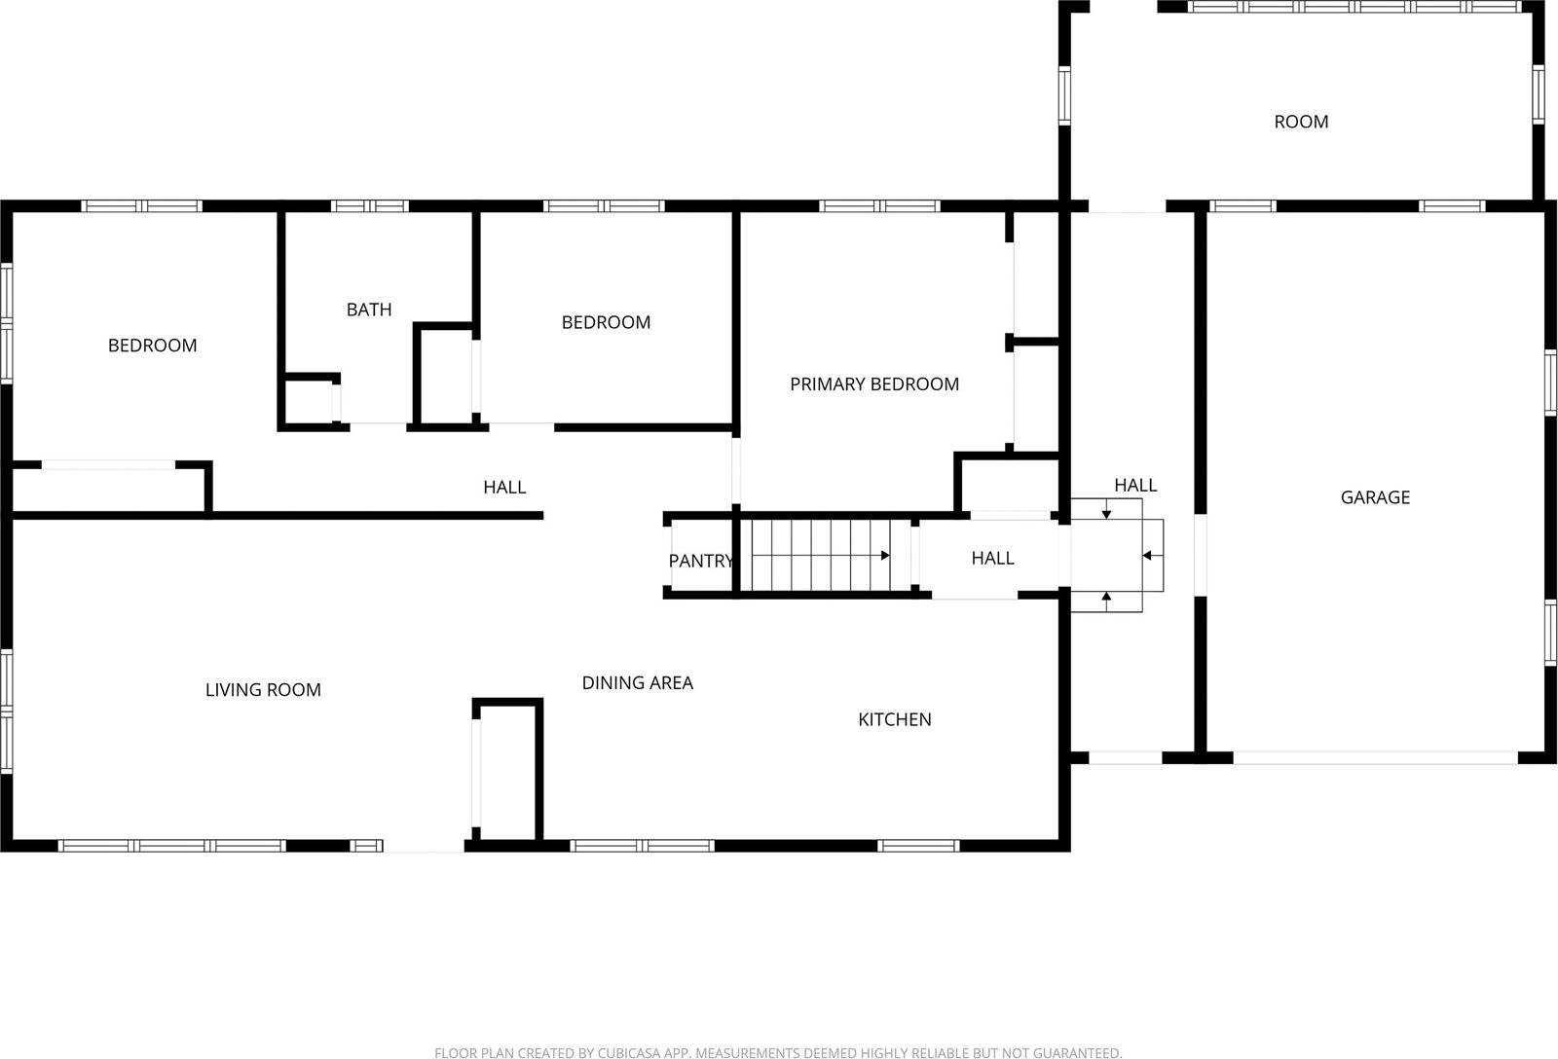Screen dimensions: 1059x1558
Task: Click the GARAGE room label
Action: point(1375,497)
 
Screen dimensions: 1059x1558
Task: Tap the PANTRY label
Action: point(699,561)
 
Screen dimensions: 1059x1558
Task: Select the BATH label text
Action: point(369,310)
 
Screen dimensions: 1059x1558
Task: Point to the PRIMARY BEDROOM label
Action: point(873,384)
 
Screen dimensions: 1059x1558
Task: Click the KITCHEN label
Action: point(894,719)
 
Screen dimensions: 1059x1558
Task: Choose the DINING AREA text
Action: point(637,683)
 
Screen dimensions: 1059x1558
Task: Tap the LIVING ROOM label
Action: point(263,690)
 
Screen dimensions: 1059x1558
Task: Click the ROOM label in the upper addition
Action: point(1301,122)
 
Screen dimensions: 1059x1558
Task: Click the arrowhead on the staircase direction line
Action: point(885,556)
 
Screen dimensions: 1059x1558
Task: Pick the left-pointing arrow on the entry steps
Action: point(1147,556)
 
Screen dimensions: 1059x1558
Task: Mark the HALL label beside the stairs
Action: point(992,558)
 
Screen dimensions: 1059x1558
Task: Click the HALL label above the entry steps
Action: point(1135,485)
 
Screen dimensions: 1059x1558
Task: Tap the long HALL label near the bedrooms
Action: point(504,487)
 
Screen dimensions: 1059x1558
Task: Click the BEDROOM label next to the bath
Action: point(606,322)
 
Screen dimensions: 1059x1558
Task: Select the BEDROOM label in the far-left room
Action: point(152,346)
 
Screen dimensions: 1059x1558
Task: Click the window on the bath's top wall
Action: point(369,206)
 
